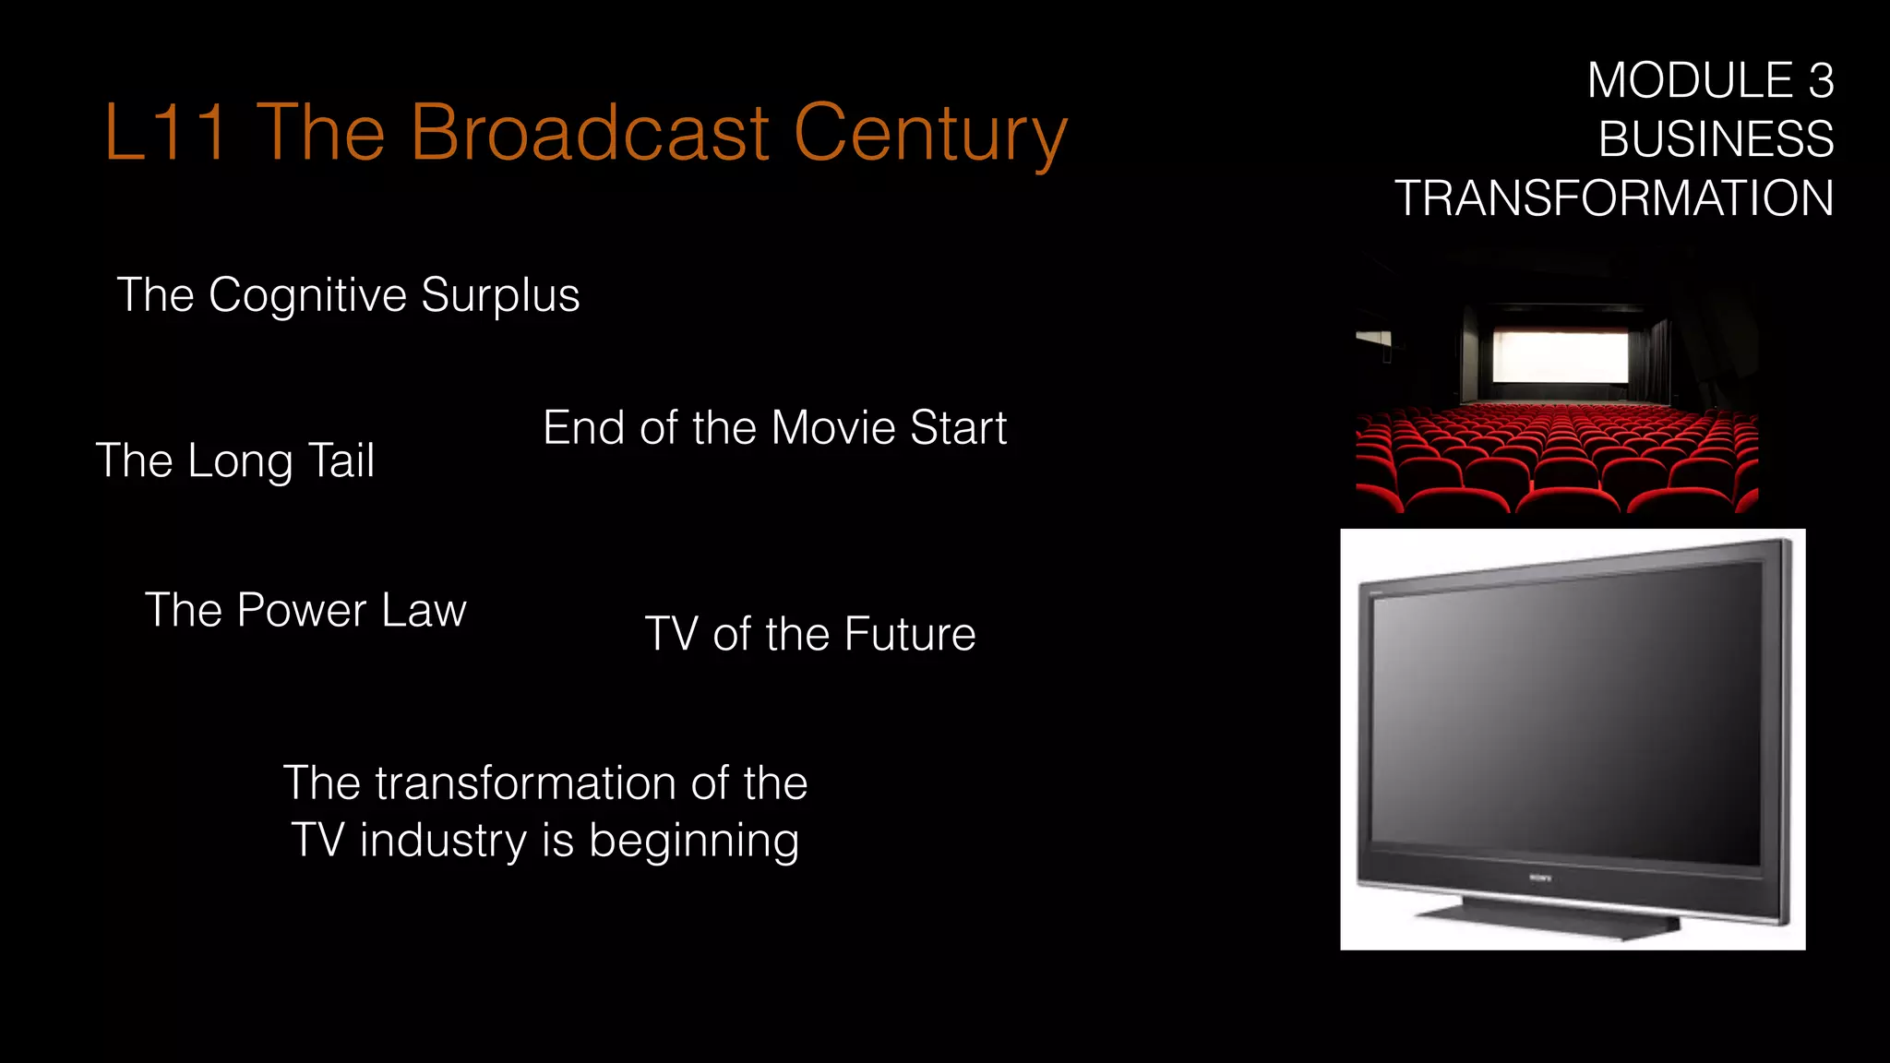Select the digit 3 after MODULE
(x=1820, y=81)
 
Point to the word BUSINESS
(x=1716, y=140)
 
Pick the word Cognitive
(x=307, y=296)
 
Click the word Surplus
(x=500, y=296)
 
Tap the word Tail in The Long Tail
(x=341, y=460)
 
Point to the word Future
(x=909, y=635)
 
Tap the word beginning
(x=693, y=842)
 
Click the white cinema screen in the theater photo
(x=1560, y=355)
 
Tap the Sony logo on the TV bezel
(x=1540, y=878)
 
